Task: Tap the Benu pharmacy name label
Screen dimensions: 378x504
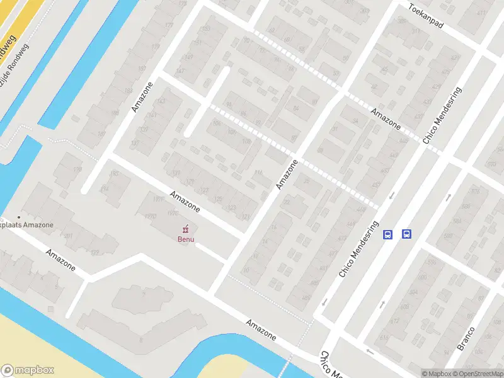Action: click(x=185, y=238)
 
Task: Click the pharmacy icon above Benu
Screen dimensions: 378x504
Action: click(x=185, y=229)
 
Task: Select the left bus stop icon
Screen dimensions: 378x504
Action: click(x=388, y=234)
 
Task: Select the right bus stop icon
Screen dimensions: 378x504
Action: click(x=407, y=234)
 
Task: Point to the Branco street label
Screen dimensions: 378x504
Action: click(x=466, y=339)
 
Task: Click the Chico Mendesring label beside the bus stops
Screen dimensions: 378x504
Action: click(x=358, y=250)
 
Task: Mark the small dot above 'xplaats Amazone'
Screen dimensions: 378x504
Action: click(x=20, y=217)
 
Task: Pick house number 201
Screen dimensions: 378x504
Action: click(x=68, y=236)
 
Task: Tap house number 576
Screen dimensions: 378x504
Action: click(x=431, y=262)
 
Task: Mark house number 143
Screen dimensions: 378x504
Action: click(x=160, y=101)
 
